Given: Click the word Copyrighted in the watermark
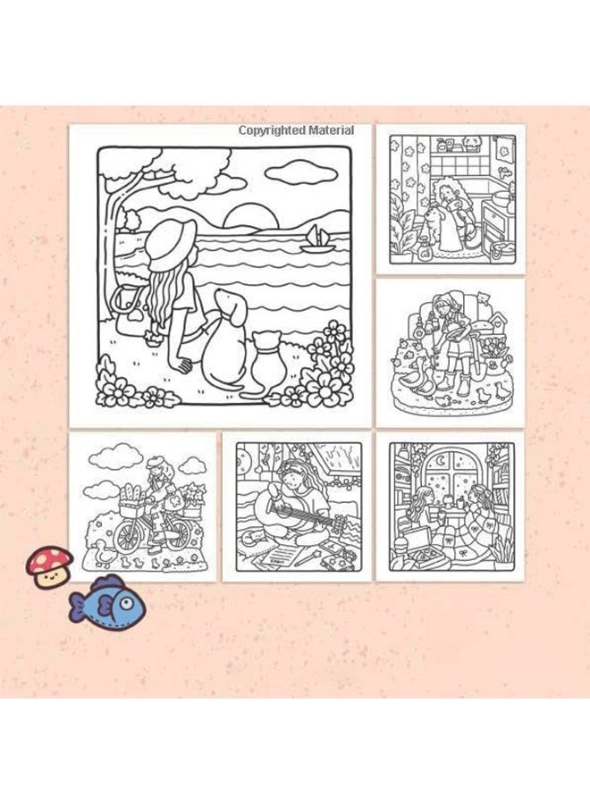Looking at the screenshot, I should [272, 130].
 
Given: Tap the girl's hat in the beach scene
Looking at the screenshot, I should [170, 245].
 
